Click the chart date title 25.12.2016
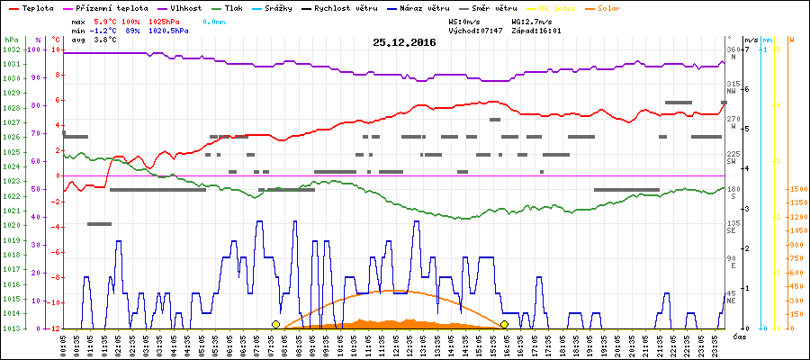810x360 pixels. tap(404, 41)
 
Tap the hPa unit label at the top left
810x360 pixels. tap(11, 40)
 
